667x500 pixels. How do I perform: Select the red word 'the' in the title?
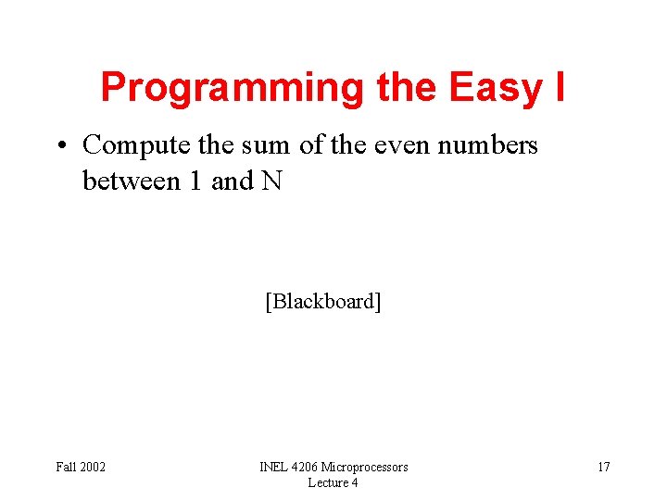pos(408,88)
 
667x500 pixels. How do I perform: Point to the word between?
pos(132,181)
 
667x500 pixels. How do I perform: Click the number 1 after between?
pos(195,181)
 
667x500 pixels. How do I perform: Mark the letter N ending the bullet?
pos(271,181)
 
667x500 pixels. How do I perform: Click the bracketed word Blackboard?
pos(322,302)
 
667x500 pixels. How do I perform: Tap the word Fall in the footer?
pos(66,467)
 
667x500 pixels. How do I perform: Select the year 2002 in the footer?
pos(93,467)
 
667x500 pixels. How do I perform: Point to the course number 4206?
pos(308,467)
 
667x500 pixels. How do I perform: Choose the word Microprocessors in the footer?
pos(365,467)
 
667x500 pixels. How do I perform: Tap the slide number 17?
pos(603,467)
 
